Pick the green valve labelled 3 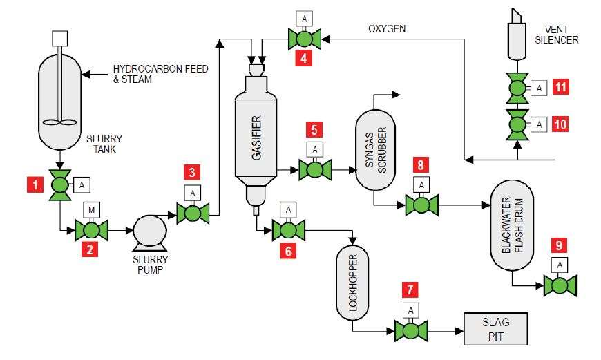(x=193, y=213)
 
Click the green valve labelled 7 (x=411, y=330)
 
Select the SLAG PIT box (x=495, y=328)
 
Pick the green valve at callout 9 (x=560, y=285)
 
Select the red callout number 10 (x=561, y=124)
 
